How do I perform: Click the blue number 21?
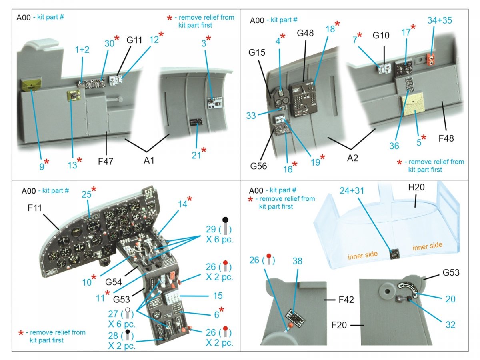(x=196, y=154)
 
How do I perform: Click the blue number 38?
(x=297, y=261)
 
